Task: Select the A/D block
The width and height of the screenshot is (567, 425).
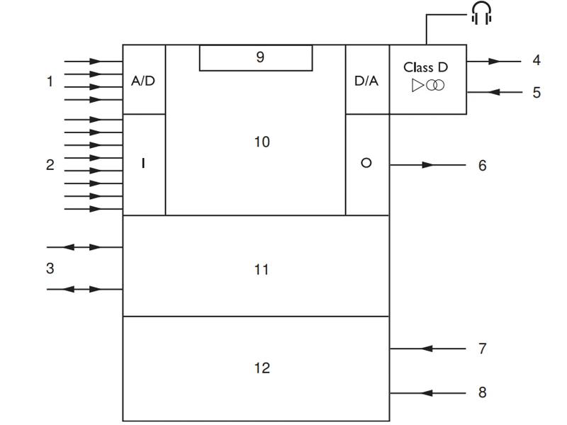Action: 144,80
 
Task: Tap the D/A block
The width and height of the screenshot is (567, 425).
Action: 367,80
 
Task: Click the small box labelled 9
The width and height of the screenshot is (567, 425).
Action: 255,58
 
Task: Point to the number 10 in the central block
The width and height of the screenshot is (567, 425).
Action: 262,142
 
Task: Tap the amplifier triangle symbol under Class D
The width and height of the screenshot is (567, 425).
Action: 417,85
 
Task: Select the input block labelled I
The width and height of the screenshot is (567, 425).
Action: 144,164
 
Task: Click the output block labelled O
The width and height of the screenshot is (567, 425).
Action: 367,164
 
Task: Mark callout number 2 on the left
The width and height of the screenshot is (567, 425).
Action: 50,164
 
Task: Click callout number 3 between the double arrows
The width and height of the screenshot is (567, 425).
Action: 50,268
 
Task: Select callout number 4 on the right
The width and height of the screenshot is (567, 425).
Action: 537,61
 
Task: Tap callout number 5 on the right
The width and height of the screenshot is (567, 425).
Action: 537,92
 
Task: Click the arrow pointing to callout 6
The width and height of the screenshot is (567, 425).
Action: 427,164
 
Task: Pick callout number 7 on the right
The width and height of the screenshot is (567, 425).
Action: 483,348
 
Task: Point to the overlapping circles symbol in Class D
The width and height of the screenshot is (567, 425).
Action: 434,85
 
